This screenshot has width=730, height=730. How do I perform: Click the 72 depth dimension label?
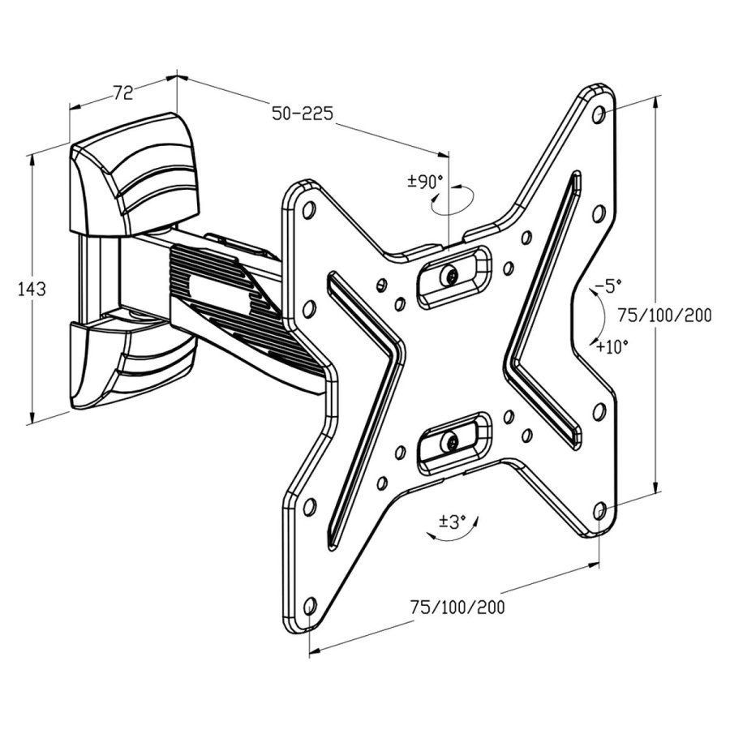(122, 92)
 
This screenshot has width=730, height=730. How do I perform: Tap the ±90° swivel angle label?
(425, 182)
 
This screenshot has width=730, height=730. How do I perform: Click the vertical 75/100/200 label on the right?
(664, 316)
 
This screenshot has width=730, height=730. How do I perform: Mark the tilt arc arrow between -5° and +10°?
(596, 316)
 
